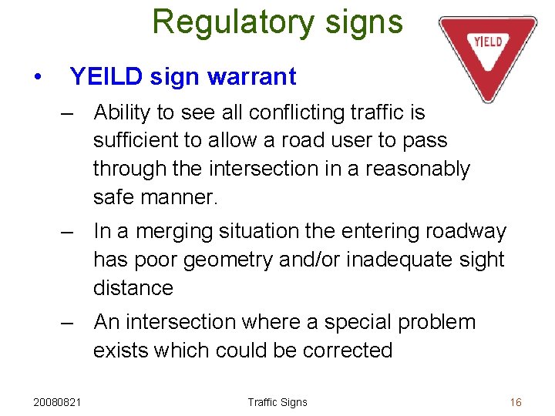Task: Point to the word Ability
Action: coord(121,113)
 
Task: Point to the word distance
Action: coord(133,287)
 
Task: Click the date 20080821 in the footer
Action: coord(59,402)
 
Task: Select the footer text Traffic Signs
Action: coord(277,402)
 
